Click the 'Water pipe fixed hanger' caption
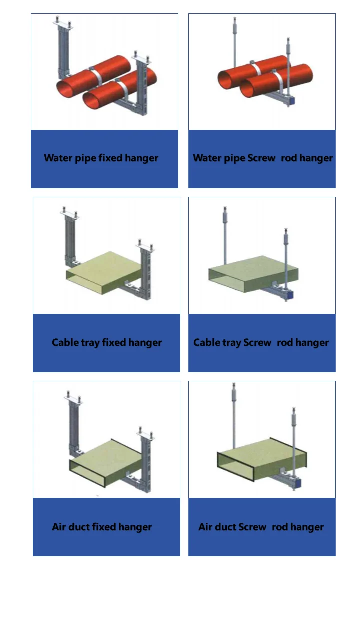101,158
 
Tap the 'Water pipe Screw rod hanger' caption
263,158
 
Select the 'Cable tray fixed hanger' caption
107,342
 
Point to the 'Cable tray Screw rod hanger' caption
261,342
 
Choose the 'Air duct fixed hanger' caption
102,527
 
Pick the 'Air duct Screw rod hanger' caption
261,527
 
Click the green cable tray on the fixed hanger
104,271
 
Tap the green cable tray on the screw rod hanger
253,273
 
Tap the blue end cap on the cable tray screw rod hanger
290,295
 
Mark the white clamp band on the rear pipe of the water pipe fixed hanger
97,74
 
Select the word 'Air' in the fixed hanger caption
59,527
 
